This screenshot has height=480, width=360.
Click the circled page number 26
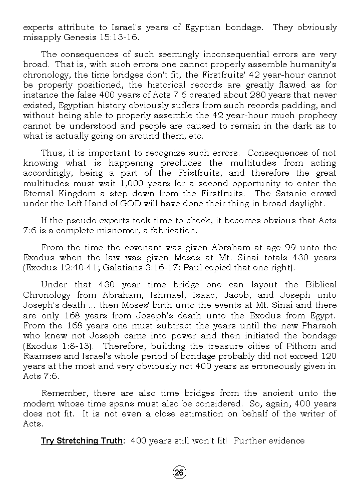click(180, 472)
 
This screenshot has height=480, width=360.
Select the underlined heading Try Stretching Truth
click(82, 441)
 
